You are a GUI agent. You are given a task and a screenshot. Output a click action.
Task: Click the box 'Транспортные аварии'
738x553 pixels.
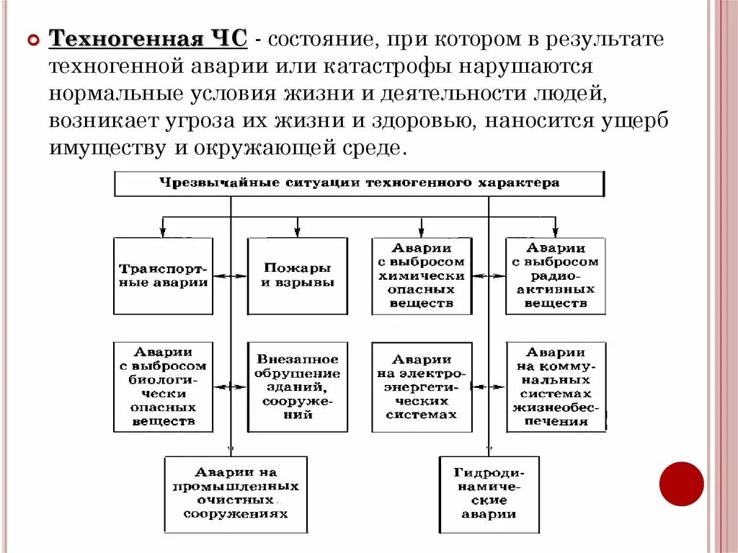[164, 276]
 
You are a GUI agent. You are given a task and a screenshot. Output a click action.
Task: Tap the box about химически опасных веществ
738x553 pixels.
[422, 276]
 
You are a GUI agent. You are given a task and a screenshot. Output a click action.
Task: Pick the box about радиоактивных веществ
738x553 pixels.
[556, 276]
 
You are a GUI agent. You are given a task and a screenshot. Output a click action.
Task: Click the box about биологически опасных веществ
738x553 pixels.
[164, 387]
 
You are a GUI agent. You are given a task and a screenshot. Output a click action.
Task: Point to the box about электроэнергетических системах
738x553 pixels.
[422, 387]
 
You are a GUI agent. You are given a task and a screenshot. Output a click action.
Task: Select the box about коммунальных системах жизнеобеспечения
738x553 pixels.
[556, 387]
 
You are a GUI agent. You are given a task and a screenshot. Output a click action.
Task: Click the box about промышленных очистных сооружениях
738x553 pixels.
[236, 494]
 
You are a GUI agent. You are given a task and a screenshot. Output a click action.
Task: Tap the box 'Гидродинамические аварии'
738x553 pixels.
[489, 494]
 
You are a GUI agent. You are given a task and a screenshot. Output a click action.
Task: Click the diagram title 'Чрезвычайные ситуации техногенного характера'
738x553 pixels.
[359, 183]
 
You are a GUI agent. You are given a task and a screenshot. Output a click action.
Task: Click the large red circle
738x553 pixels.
[681, 484]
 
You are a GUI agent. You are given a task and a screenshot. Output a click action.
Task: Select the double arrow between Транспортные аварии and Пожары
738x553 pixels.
[230, 276]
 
